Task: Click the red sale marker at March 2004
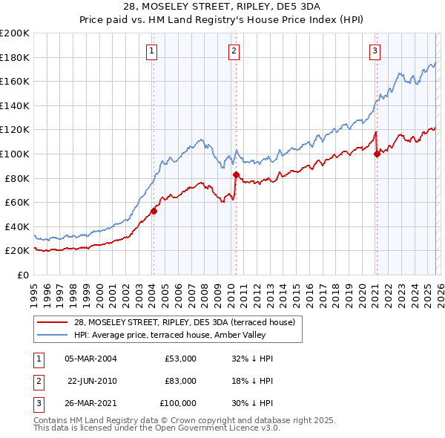pos(154,211)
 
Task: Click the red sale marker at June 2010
pos(237,174)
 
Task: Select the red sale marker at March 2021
pos(377,154)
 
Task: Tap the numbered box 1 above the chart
pos(151,51)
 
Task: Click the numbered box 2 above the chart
pos(234,51)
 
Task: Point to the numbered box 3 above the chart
pos(375,51)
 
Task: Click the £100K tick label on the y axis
pos(15,154)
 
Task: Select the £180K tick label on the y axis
pos(15,57)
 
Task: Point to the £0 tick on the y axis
pos(23,275)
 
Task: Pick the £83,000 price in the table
pos(180,381)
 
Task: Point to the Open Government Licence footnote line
pos(157,428)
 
